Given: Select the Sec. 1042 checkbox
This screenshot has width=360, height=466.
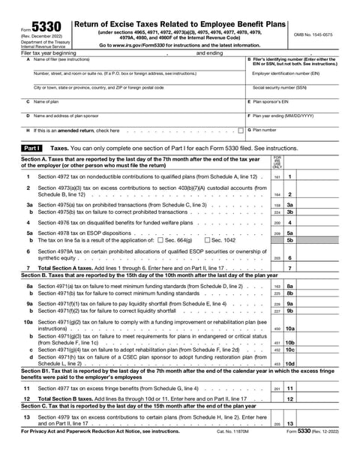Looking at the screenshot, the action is click(207, 239).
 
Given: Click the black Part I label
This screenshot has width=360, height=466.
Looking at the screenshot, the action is click(33, 149).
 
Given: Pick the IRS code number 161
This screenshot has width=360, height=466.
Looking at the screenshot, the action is click(277, 176).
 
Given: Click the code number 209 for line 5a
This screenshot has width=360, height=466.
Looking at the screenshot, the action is click(277, 233).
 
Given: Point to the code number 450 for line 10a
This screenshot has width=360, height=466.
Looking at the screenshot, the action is click(277, 328).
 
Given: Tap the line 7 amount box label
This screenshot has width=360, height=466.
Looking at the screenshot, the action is click(289, 267).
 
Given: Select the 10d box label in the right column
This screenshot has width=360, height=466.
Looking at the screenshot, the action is click(289, 363).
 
